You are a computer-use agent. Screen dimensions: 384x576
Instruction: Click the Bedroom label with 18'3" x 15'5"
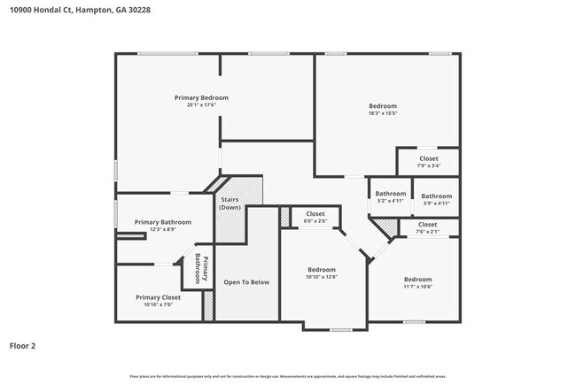[383, 106]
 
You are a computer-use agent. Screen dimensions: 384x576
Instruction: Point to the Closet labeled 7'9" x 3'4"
[428, 159]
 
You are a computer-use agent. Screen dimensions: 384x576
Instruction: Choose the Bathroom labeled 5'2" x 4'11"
[390, 194]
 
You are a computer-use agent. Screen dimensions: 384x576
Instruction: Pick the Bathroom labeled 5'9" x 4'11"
[436, 196]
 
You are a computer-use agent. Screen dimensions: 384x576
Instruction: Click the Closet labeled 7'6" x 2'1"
[427, 225]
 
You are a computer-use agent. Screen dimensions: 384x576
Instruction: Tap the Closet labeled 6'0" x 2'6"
[315, 214]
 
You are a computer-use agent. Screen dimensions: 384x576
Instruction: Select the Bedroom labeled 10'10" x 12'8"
[322, 270]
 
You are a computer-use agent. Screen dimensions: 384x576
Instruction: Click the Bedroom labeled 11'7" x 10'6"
[417, 280]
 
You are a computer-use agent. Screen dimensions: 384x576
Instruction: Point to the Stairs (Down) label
[230, 204]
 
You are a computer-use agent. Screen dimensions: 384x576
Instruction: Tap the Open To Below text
[246, 282]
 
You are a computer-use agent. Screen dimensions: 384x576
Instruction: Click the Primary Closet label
[158, 297]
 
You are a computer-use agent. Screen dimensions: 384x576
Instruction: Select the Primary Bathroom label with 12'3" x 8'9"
[158, 222]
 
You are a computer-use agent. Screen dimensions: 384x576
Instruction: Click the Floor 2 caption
[24, 345]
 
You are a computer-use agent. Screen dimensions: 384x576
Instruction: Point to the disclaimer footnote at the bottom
[288, 376]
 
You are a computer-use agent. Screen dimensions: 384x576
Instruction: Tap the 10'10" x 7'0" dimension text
[158, 305]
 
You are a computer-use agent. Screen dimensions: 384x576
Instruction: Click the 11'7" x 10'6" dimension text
[417, 287]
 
